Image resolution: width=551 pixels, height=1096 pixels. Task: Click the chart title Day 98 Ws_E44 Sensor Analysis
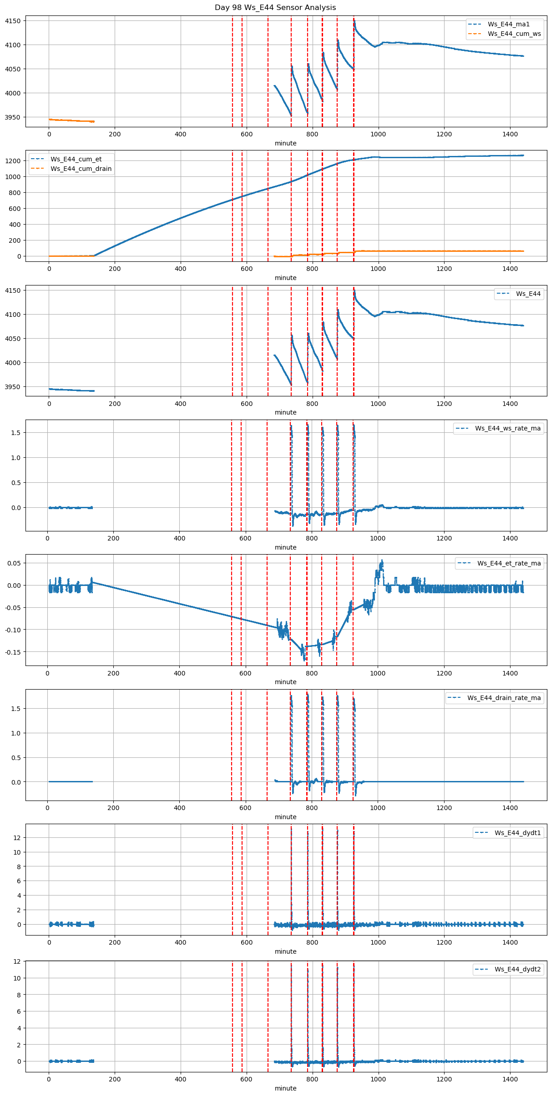(275, 7)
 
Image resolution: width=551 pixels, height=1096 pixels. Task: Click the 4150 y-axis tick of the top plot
(12, 21)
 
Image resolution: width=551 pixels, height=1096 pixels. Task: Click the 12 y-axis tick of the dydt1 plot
(17, 837)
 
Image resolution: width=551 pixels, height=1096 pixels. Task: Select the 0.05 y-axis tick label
(14, 563)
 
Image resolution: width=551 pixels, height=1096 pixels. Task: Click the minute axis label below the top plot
(285, 143)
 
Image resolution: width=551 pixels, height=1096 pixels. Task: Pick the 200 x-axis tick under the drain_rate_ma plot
(113, 807)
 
